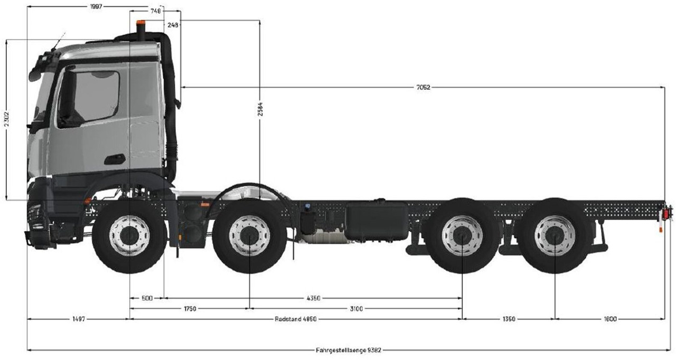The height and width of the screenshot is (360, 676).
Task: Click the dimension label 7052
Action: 423,88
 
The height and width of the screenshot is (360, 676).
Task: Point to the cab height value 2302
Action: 6,120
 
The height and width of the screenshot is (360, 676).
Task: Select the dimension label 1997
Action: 96,6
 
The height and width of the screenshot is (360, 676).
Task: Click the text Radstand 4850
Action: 296,319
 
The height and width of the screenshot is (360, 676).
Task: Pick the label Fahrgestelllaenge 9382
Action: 349,349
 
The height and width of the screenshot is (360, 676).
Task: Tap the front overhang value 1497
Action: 78,319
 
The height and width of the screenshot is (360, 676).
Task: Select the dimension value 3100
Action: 356,308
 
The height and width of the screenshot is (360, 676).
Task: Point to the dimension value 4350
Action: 313,298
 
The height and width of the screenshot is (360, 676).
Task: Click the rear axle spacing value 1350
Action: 509,319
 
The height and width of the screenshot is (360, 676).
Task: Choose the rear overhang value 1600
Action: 610,319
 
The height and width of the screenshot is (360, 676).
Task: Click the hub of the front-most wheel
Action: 129,235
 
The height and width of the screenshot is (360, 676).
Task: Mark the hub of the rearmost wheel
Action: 555,235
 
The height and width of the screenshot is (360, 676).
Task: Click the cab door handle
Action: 115,159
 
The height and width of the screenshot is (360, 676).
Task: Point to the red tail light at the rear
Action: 666,214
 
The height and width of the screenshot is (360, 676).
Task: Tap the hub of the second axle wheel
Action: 249,235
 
